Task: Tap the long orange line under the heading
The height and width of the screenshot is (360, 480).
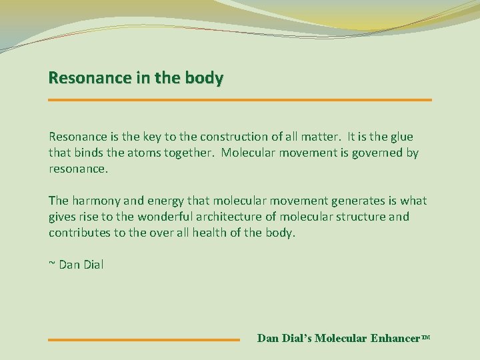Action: pyautogui.click(x=240, y=100)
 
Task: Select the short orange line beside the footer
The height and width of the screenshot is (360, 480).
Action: pyautogui.click(x=143, y=340)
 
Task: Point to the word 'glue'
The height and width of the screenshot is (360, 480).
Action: pyautogui.click(x=401, y=137)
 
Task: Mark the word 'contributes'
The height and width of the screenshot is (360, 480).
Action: pyautogui.click(x=79, y=233)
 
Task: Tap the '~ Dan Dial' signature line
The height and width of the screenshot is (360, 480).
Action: pyautogui.click(x=76, y=265)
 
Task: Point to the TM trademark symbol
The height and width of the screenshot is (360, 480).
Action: pyautogui.click(x=426, y=337)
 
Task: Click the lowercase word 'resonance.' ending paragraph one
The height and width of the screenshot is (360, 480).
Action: pyautogui.click(x=78, y=169)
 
